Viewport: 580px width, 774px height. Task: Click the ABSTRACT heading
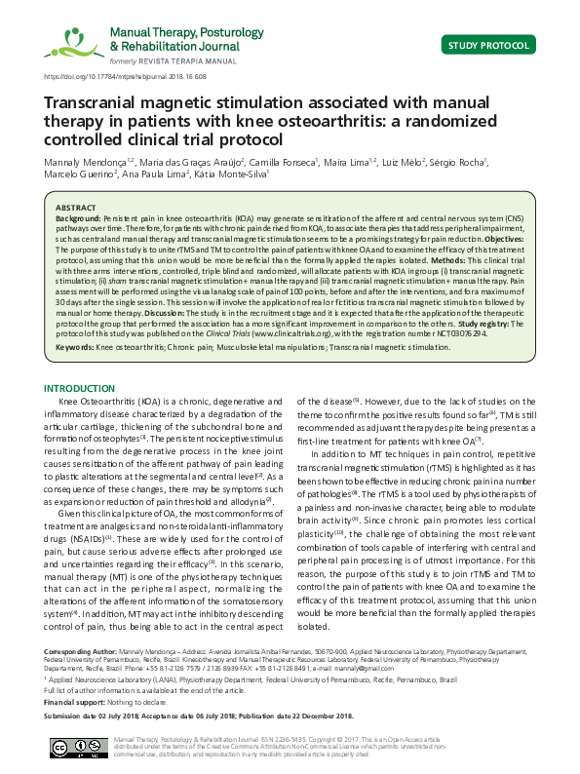(76, 209)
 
